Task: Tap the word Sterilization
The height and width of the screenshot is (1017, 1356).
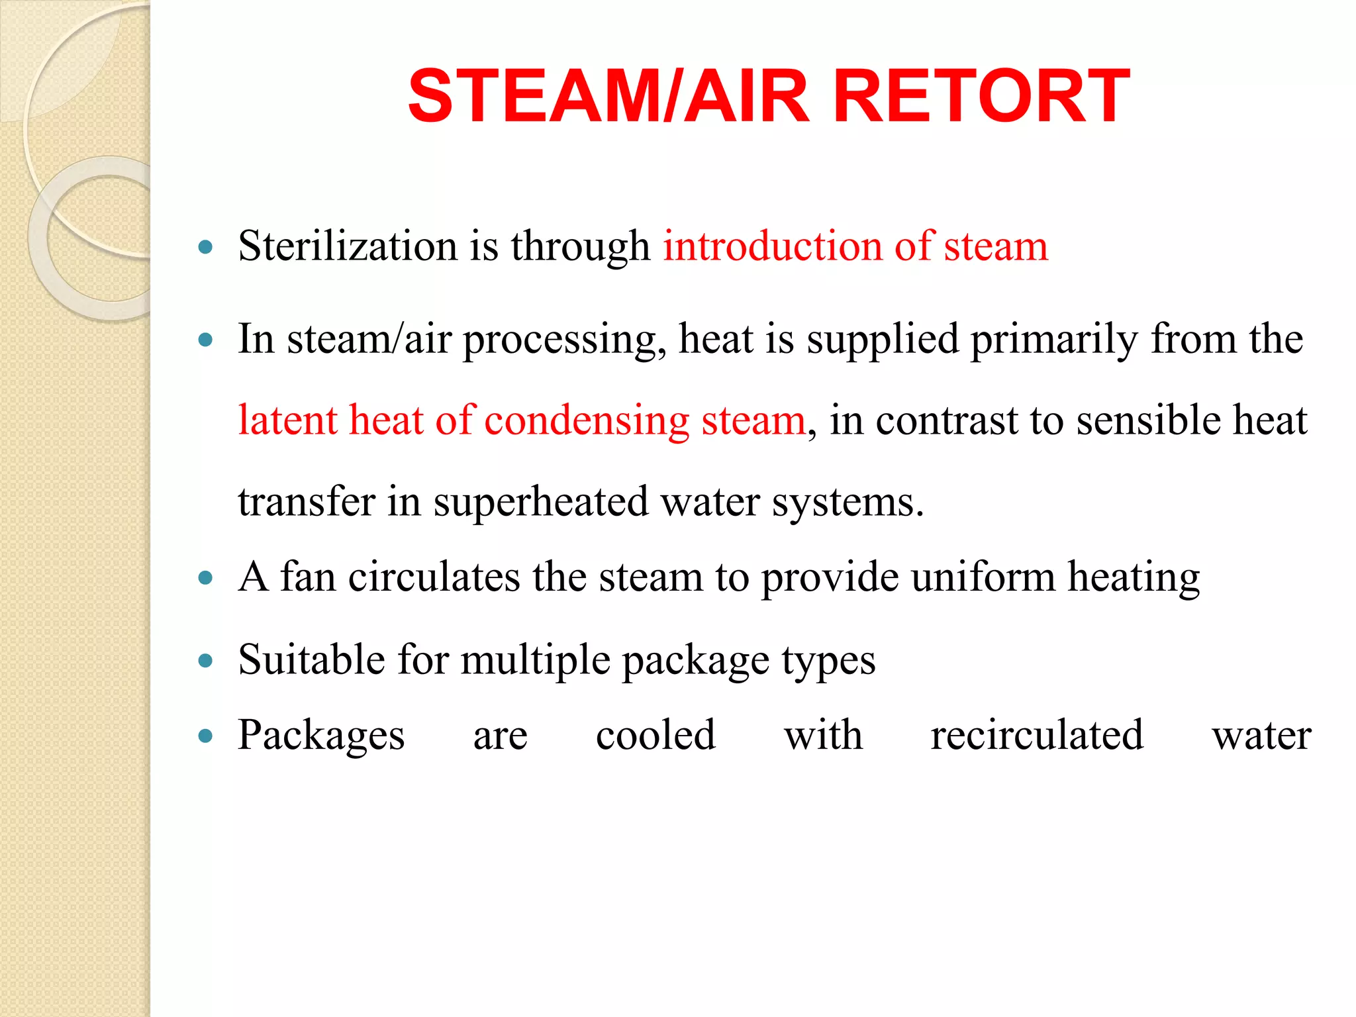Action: [x=348, y=246]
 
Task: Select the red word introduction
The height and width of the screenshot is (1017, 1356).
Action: [x=773, y=246]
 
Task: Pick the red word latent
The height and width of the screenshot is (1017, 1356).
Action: [x=287, y=420]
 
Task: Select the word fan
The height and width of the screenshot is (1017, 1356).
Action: [x=308, y=577]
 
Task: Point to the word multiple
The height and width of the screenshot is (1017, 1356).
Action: [x=535, y=661]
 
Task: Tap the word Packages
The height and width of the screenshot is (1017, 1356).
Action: [x=321, y=736]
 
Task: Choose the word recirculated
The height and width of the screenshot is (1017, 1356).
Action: [x=1037, y=735]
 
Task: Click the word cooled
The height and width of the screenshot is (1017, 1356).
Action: [x=655, y=735]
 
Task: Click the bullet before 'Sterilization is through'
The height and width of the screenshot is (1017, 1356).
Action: [x=206, y=248]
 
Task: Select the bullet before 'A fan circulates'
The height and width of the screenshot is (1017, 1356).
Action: [x=206, y=578]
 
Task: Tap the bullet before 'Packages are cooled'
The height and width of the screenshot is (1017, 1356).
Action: [x=206, y=736]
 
